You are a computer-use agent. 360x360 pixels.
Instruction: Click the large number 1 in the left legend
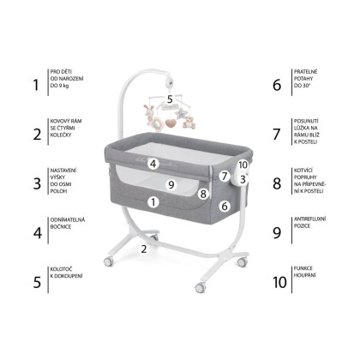click(36, 85)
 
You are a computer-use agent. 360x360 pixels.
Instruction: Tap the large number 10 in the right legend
click(279, 282)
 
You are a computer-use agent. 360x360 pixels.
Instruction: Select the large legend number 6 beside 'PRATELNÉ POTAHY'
click(277, 85)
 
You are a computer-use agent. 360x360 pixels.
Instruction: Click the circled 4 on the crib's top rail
click(153, 164)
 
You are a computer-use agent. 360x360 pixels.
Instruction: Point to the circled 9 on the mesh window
click(171, 184)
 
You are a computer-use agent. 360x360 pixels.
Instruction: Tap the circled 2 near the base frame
click(144, 249)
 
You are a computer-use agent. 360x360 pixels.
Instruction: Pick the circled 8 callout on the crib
click(203, 194)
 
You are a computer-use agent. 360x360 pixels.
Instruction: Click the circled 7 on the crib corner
click(225, 176)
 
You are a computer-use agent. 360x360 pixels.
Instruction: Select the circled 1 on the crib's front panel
click(153, 202)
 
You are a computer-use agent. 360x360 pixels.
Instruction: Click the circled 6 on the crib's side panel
click(225, 206)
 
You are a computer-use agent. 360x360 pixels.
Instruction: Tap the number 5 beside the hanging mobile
click(170, 99)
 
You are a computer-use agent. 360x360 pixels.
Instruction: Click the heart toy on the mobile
click(171, 123)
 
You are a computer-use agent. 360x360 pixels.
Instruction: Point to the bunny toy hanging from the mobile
click(149, 114)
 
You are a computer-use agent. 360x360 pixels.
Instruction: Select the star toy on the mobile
click(181, 113)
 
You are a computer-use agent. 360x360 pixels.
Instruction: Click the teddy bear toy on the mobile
click(189, 123)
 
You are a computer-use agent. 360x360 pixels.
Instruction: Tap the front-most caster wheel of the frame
click(200, 287)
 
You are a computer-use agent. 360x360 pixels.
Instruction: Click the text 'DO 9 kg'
click(59, 86)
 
